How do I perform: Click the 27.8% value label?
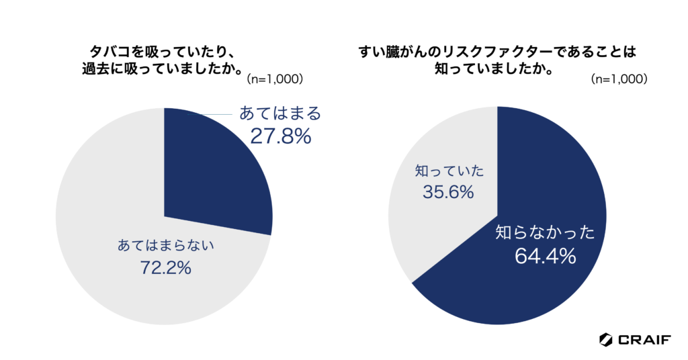pyautogui.click(x=280, y=136)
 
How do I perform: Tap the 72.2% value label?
pyautogui.click(x=166, y=267)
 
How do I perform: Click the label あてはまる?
pyautogui.click(x=280, y=114)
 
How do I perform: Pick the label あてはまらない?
pyautogui.click(x=166, y=245)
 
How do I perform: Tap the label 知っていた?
pyautogui.click(x=449, y=171)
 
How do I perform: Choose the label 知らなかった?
pyautogui.click(x=546, y=234)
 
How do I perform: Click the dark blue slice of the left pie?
pyautogui.click(x=208, y=175)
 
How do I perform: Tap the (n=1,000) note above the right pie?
pyautogui.click(x=619, y=79)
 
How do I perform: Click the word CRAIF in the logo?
pyautogui.click(x=644, y=339)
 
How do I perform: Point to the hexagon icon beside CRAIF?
pyautogui.click(x=606, y=339)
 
